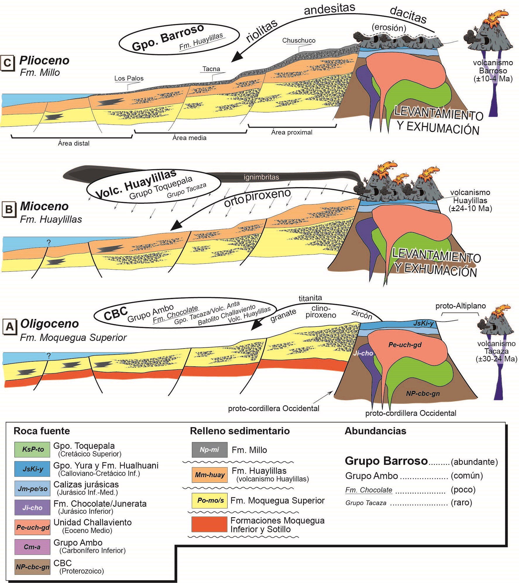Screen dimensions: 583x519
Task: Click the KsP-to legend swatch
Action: coord(32,449)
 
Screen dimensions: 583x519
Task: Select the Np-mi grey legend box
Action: coord(209,450)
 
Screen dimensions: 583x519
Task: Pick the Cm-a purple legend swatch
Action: coord(32,547)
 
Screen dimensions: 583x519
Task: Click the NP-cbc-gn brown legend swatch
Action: coord(32,567)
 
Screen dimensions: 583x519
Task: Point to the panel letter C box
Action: coord(8,63)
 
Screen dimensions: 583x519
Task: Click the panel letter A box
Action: coord(9,327)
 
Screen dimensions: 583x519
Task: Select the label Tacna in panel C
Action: coord(211,69)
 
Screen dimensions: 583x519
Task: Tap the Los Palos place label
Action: coord(129,78)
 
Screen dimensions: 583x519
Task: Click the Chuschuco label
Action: coord(299,41)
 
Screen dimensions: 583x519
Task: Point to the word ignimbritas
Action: coord(261,177)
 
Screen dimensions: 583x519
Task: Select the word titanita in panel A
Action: coord(310,298)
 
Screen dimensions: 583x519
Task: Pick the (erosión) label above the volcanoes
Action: coord(389,28)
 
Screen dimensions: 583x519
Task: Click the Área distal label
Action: coord(73,143)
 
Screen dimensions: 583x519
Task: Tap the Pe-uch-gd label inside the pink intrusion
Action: coord(405,345)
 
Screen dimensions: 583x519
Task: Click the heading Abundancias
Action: coord(375,431)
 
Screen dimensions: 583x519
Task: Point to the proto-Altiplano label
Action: coord(460,306)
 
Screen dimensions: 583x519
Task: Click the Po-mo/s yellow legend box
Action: coord(209,501)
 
